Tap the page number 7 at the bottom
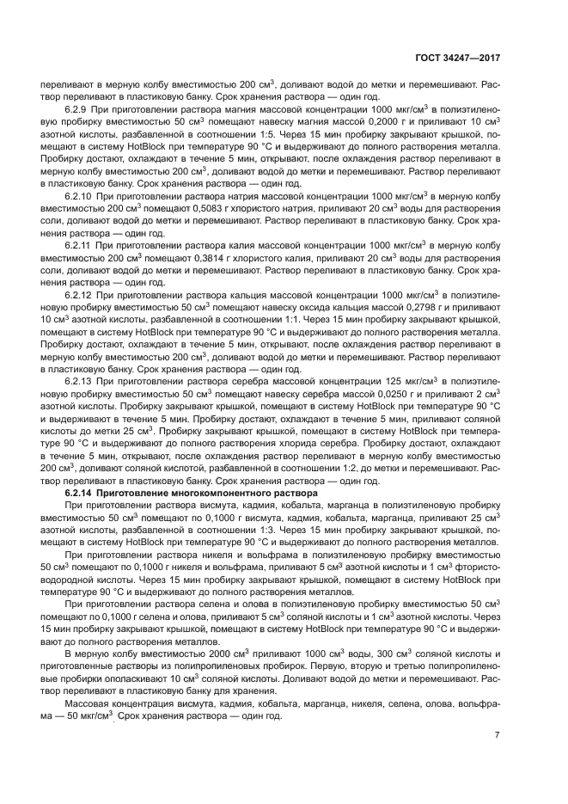498,735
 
